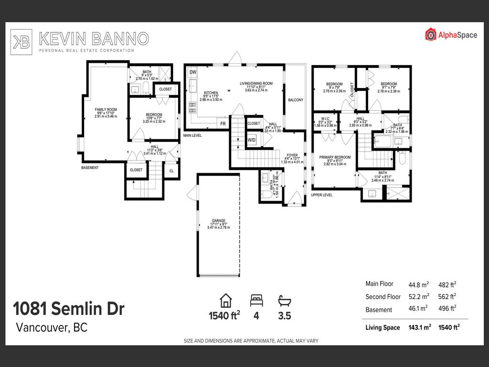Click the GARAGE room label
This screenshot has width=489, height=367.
click(x=219, y=221)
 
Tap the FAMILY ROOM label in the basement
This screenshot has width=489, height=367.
click(x=106, y=110)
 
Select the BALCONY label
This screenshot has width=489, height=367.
click(x=296, y=100)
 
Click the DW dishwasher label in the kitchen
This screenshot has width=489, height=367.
click(x=193, y=72)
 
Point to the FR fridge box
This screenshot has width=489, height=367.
click(x=223, y=124)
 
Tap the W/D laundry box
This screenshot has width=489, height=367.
click(x=251, y=140)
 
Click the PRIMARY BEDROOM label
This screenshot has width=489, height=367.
click(x=335, y=157)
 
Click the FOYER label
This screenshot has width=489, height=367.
click(x=292, y=155)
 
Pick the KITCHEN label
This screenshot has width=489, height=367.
click(x=211, y=93)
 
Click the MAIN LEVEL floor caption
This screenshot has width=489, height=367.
click(x=192, y=136)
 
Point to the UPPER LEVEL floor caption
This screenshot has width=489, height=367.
click(x=321, y=195)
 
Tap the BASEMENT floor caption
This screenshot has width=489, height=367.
click(x=90, y=168)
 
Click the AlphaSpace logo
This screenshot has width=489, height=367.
click(x=451, y=34)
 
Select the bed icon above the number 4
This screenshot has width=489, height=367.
click(x=256, y=301)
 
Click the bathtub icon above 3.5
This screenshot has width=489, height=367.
click(x=284, y=301)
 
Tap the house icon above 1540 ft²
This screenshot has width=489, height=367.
click(x=225, y=301)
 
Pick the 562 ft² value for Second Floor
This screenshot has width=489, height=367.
click(x=447, y=296)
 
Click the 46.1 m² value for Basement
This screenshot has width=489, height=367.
click(x=418, y=309)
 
